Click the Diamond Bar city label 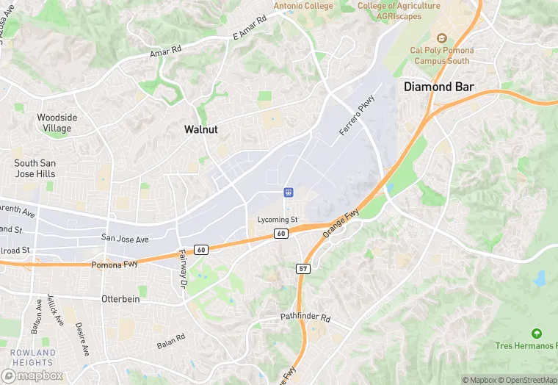(x=439, y=87)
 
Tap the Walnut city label (x=200, y=129)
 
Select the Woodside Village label (x=57, y=123)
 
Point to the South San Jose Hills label (x=35, y=168)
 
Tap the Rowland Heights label (x=33, y=357)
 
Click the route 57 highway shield (x=304, y=269)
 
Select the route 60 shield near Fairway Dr (x=201, y=250)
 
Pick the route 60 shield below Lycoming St (x=281, y=234)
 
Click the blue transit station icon (x=289, y=192)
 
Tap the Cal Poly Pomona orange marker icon (x=441, y=38)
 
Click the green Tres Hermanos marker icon (x=536, y=334)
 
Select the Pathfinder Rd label (x=305, y=317)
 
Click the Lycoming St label (x=278, y=220)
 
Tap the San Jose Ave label (x=125, y=239)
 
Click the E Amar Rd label (x=248, y=31)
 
